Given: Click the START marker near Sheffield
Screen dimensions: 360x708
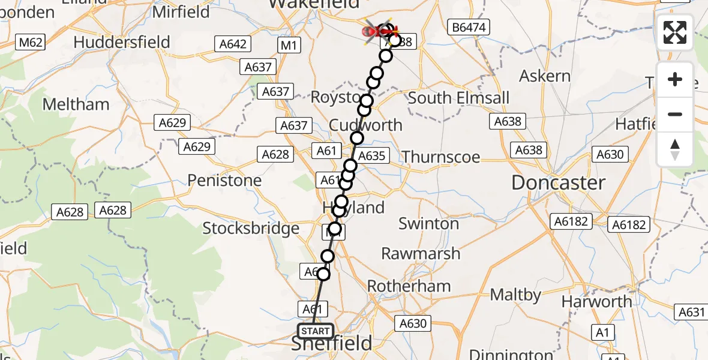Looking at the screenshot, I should click(316, 331).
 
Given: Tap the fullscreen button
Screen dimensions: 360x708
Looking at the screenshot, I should click(675, 32).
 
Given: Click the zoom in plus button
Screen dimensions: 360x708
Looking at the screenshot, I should click(675, 79).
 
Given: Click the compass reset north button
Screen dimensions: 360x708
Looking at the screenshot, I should click(675, 149).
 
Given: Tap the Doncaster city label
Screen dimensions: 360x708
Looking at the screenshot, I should click(558, 183).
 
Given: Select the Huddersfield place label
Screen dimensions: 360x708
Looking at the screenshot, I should click(122, 42).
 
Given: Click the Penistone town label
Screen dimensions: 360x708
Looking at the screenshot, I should click(224, 180).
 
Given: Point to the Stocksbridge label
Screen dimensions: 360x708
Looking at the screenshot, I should click(251, 228).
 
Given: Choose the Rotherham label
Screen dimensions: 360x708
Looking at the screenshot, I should click(409, 286).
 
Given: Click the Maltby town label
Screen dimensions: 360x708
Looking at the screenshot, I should click(516, 295).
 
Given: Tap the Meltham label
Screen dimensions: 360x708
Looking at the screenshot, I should click(76, 104).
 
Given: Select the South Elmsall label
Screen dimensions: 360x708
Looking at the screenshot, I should click(458, 98).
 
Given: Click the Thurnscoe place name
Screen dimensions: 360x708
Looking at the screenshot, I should click(441, 157).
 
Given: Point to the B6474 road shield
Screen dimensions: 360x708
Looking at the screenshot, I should click(469, 27).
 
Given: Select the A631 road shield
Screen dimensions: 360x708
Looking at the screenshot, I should click(691, 311).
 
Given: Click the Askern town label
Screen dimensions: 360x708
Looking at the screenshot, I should click(545, 76).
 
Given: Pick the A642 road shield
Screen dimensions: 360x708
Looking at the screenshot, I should click(232, 44).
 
